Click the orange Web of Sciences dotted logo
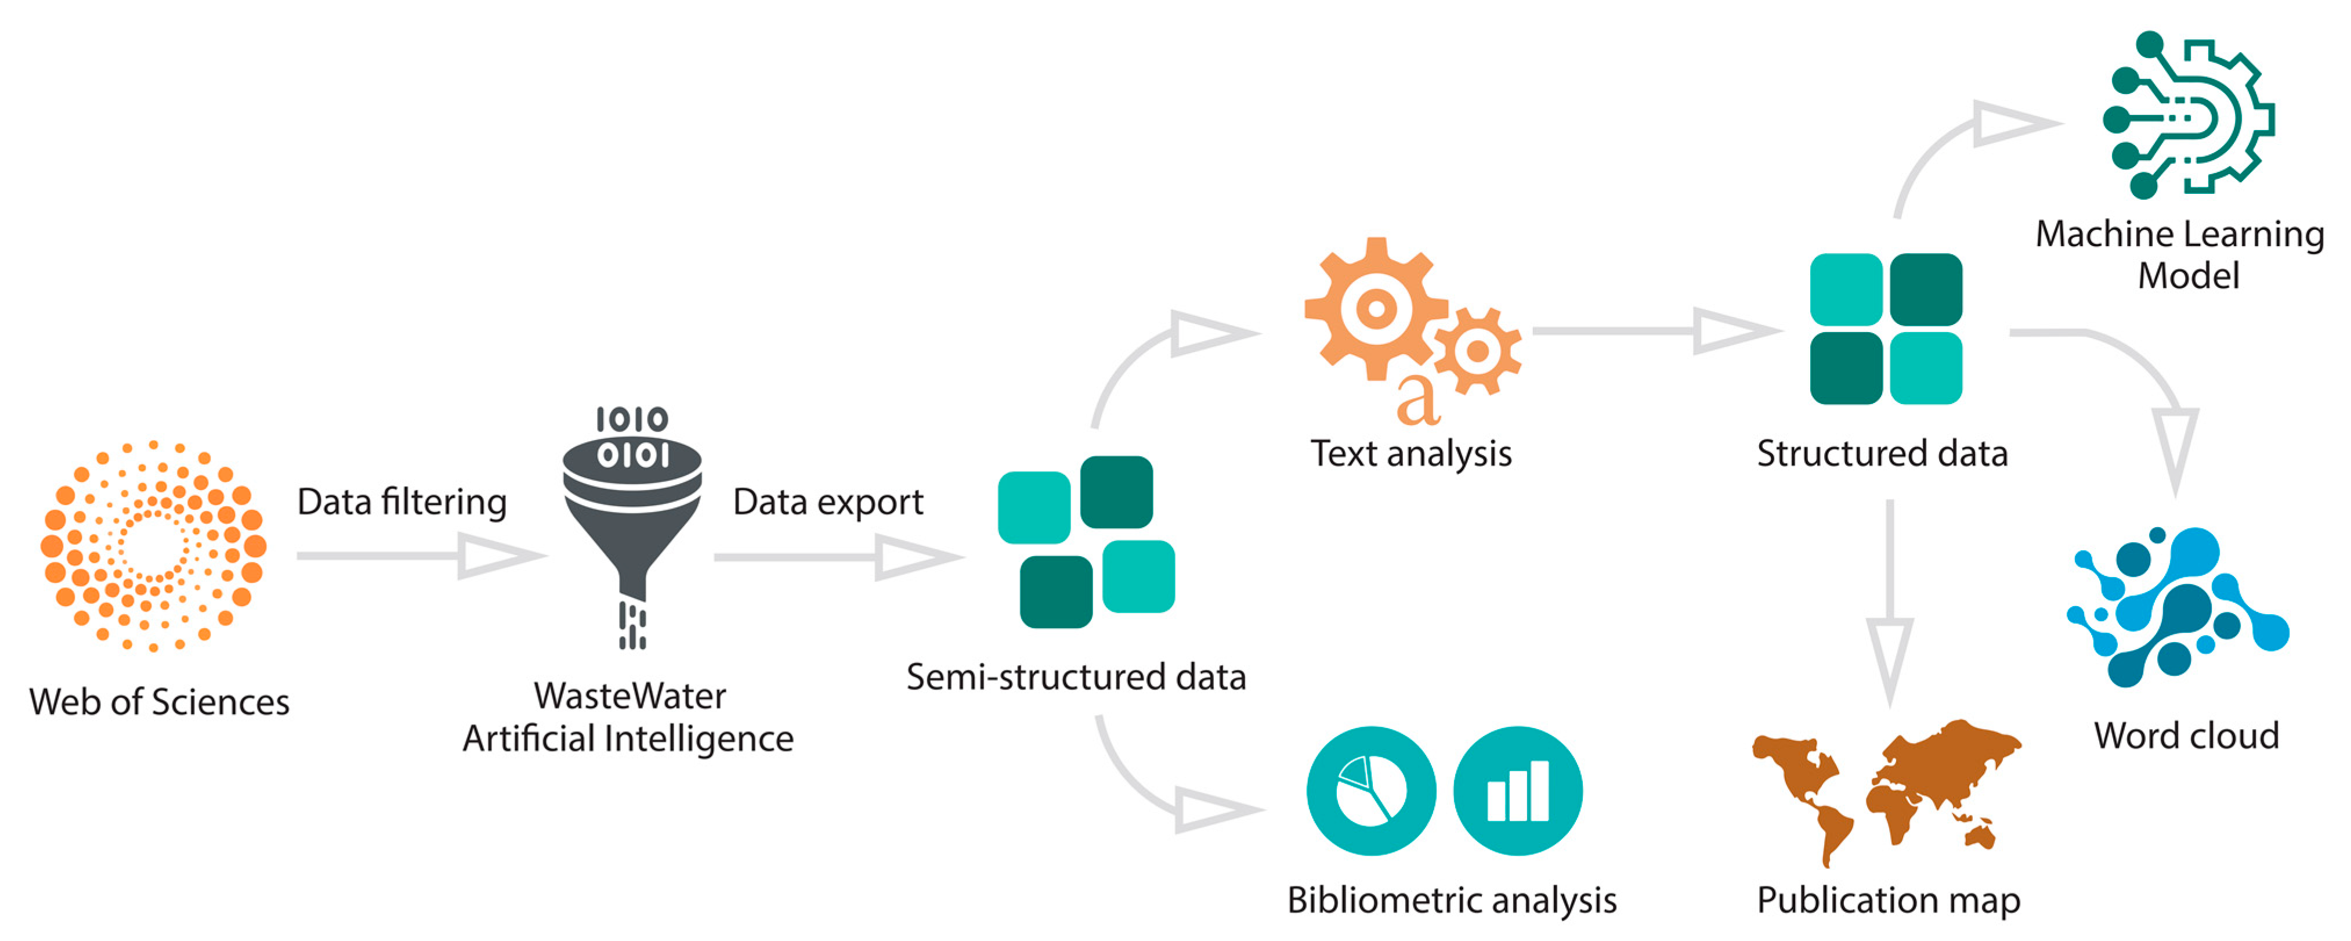coord(153,545)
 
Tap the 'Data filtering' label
coord(402,502)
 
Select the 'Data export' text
coord(828,502)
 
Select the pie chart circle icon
coord(1371,791)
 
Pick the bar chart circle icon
coord(1517,791)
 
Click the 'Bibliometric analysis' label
coord(1451,900)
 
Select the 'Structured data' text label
coord(1882,453)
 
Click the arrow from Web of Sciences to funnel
coord(420,555)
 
